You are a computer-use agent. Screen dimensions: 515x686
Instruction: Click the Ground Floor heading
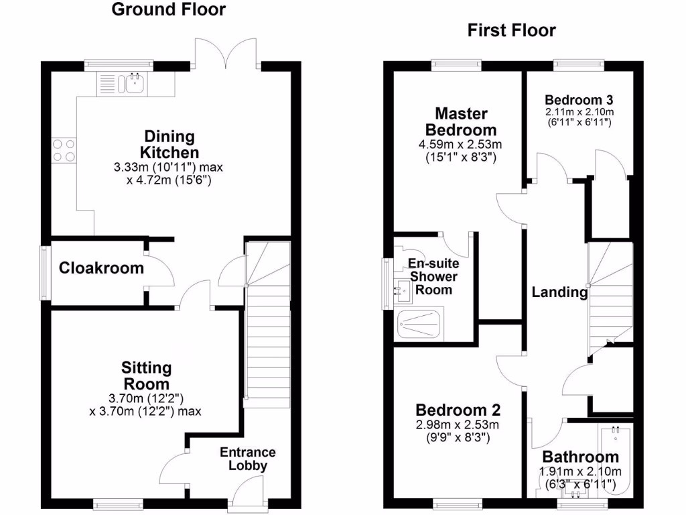pyautogui.click(x=168, y=9)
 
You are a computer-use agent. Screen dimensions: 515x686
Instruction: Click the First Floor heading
pyautogui.click(x=511, y=30)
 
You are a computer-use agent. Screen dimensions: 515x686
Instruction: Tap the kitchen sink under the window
pyautogui.click(x=132, y=84)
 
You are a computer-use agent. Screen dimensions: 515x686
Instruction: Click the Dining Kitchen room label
pyautogui.click(x=169, y=144)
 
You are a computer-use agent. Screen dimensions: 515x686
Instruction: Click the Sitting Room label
pyautogui.click(x=146, y=376)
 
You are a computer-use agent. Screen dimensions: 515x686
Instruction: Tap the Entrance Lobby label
pyautogui.click(x=248, y=459)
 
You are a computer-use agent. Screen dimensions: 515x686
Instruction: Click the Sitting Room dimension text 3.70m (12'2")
pyautogui.click(x=145, y=398)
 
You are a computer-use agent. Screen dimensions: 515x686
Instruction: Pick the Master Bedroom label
pyautogui.click(x=461, y=121)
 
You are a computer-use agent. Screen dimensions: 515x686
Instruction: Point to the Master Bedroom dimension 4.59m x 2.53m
pyautogui.click(x=461, y=144)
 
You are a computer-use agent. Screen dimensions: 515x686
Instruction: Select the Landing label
pyautogui.click(x=559, y=292)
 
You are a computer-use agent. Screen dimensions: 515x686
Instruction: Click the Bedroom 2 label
pyautogui.click(x=458, y=410)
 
